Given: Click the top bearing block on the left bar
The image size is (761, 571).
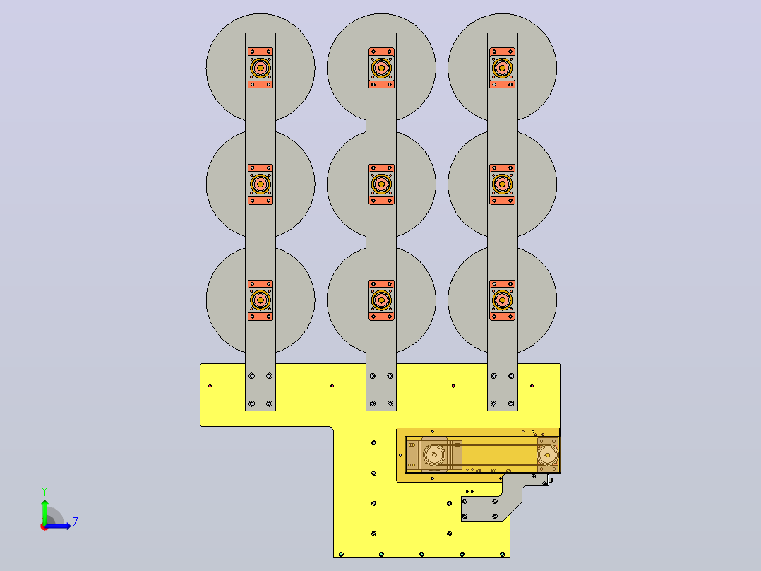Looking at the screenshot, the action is coord(260,68).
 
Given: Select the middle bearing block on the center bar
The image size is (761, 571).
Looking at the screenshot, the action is coord(381,184).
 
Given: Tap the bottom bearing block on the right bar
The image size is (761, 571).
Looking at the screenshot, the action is coord(502,300).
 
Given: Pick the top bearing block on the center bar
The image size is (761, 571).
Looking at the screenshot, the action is coord(381,68).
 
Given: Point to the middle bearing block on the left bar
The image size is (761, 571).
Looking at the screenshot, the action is coord(260,184).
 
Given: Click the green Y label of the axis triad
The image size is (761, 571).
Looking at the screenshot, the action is coord(44,491).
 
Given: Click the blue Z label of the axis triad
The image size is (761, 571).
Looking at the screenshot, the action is coord(76,522).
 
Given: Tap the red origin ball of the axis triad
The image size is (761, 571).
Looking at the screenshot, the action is coord(44,526).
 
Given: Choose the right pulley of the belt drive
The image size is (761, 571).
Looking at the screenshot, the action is coord(548,455).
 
